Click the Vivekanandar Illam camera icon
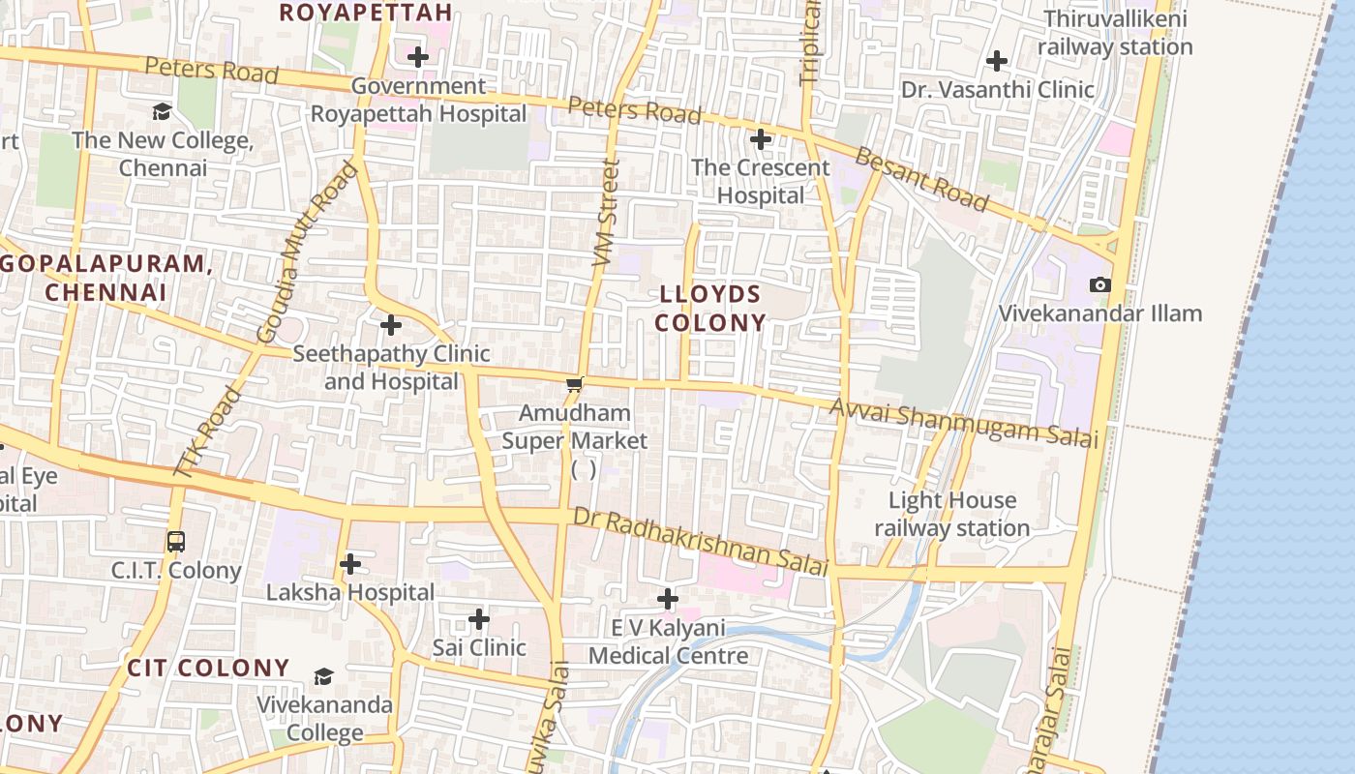tap(1100, 284)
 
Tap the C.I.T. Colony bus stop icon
tap(175, 541)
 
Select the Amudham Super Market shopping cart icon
tap(575, 385)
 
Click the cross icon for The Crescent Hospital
tap(761, 139)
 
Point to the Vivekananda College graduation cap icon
tap(323, 676)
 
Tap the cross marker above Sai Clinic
tap(479, 619)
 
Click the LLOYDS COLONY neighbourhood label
tap(710, 308)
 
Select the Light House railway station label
tap(951, 514)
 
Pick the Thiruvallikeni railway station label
tap(1115, 33)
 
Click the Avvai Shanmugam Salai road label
tap(964, 424)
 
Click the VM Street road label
tap(605, 213)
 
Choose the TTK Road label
tap(207, 432)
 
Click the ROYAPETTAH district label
tap(366, 13)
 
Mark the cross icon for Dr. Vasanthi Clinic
tap(996, 62)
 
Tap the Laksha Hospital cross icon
tap(350, 564)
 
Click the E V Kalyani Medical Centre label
tap(668, 641)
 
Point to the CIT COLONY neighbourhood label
tap(208, 668)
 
